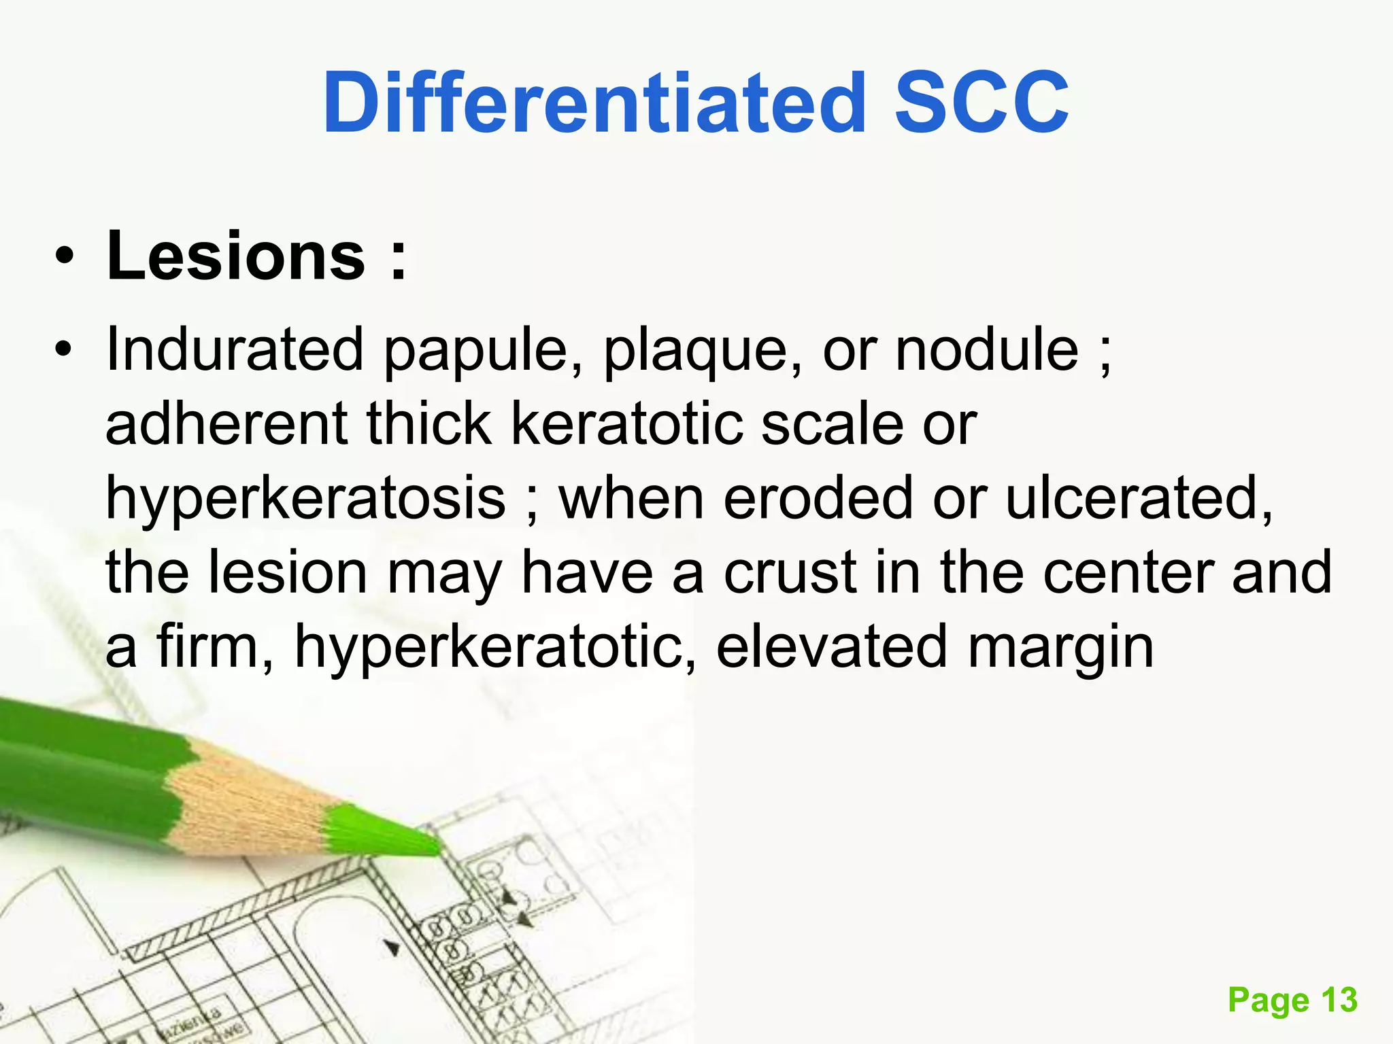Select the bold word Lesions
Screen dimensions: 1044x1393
click(236, 256)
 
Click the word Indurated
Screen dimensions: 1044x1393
click(235, 349)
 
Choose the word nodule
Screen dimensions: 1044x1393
click(987, 349)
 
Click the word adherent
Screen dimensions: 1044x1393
click(226, 424)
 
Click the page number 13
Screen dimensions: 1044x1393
click(1339, 1000)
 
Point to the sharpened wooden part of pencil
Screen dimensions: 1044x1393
click(252, 802)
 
